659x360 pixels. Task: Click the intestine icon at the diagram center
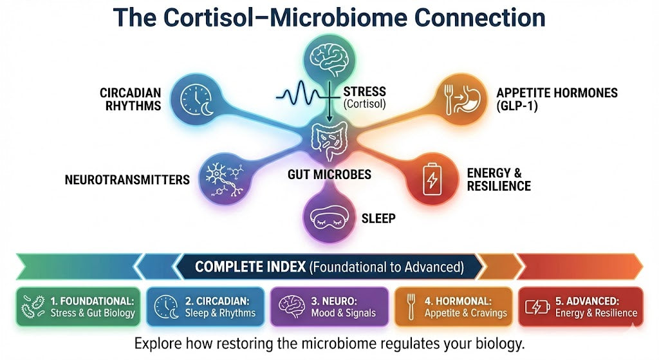pyautogui.click(x=329, y=141)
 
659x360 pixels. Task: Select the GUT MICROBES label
pyautogui.click(x=329, y=175)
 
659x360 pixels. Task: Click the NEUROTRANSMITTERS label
pyautogui.click(x=127, y=180)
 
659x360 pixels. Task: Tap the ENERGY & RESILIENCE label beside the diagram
pyautogui.click(x=499, y=179)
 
